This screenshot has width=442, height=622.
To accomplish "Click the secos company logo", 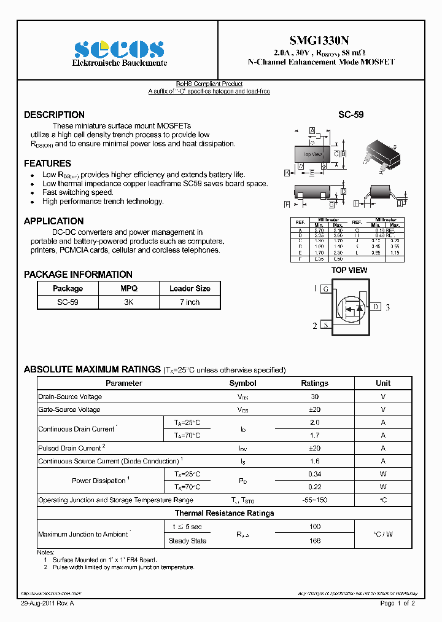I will point(119,49).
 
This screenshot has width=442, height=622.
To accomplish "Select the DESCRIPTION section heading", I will point(54,115).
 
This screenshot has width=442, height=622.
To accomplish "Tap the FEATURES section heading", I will point(47,163).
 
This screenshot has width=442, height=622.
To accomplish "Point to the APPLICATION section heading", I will point(53,221).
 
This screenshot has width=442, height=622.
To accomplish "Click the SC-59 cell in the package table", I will point(68,302).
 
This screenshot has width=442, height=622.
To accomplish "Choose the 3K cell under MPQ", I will point(129,302).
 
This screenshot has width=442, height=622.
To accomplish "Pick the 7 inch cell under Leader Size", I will point(190,302).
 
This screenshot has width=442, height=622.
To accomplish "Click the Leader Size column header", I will point(190,288).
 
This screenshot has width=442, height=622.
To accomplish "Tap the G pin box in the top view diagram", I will point(327,289).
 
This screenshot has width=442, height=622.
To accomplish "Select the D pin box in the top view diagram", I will point(376,307).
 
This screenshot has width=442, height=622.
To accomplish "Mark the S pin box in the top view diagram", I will point(327,325).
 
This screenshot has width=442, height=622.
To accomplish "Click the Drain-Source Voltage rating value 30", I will point(314,397).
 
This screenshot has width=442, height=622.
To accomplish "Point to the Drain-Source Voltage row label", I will point(69,397).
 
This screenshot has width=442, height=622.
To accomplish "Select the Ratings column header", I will point(314,383).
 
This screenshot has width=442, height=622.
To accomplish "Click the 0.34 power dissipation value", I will point(314,474).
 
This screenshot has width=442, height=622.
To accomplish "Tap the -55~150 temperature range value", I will point(314,500).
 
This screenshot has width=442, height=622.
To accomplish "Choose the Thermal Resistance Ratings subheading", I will point(224,513).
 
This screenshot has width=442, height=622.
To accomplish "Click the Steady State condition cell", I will point(187,541).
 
